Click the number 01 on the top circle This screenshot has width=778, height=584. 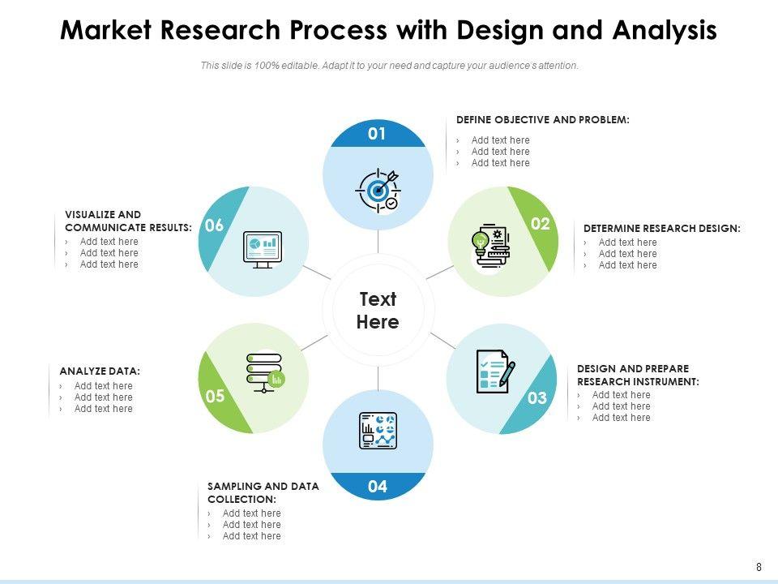pyautogui.click(x=377, y=134)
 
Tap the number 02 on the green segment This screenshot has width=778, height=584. pyautogui.click(x=541, y=224)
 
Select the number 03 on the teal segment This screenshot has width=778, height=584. pyautogui.click(x=537, y=398)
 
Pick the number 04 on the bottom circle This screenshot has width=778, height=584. pyautogui.click(x=377, y=487)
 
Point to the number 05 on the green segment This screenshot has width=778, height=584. pyautogui.click(x=215, y=397)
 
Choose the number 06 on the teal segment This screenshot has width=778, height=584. pyautogui.click(x=214, y=226)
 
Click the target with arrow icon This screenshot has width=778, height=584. pyautogui.click(x=378, y=190)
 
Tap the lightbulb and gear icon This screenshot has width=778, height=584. pyautogui.click(x=489, y=243)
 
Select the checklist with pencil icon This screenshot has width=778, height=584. pyautogui.click(x=495, y=371)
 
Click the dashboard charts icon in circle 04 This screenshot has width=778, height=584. pyautogui.click(x=378, y=431)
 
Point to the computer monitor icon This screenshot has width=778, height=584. pyautogui.click(x=263, y=248)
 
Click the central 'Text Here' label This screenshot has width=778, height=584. pyautogui.click(x=378, y=311)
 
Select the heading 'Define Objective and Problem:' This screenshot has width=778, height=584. pyautogui.click(x=542, y=119)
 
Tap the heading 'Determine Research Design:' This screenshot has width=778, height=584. pyautogui.click(x=661, y=229)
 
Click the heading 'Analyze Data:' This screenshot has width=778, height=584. pyautogui.click(x=100, y=371)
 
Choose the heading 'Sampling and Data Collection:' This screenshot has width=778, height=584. pyautogui.click(x=263, y=492)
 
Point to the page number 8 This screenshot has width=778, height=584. pyautogui.click(x=759, y=567)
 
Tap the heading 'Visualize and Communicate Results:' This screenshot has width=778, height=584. pyautogui.click(x=128, y=221)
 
